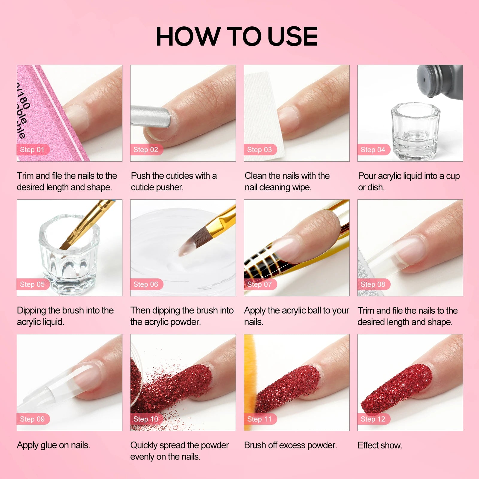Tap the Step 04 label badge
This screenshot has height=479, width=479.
tap(374, 150)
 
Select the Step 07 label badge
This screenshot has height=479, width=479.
tap(260, 284)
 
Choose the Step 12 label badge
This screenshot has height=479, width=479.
tap(374, 419)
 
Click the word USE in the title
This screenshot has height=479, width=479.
tap(292, 37)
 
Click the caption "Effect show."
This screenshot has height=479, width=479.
tap(380, 445)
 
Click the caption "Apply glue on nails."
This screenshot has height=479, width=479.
tap(53, 445)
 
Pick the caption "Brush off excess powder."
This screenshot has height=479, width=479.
tap(290, 445)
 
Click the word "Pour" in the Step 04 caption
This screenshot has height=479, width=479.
tap(367, 176)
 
